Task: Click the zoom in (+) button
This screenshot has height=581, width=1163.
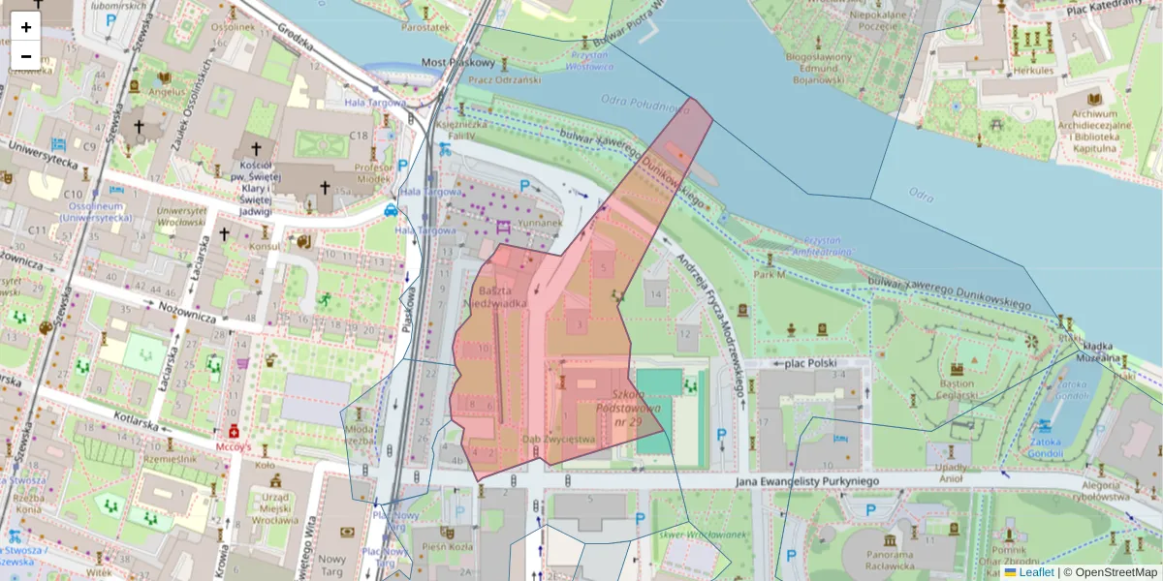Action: click(26, 27)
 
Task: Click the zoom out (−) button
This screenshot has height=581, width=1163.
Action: click(26, 56)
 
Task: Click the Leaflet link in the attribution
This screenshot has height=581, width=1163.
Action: click(1036, 572)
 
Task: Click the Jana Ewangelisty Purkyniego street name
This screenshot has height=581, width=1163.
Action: click(793, 480)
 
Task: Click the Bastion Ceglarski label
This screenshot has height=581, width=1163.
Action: click(957, 391)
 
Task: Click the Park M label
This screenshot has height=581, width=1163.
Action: click(769, 274)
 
